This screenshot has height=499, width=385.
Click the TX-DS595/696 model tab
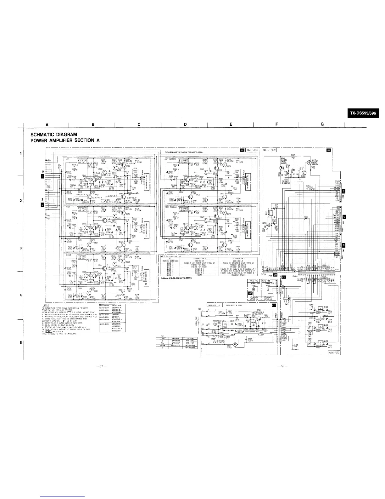(363, 113)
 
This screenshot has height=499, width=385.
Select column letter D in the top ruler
(185, 124)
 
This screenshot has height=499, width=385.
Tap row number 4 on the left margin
(20, 295)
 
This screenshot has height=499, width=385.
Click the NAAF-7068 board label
(252, 150)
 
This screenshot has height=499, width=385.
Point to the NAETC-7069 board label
(269, 150)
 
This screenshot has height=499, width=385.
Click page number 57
(100, 366)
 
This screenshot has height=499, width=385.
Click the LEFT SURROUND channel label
(172, 158)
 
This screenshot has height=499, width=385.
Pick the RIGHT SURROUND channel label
(172, 207)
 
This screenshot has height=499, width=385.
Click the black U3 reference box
(329, 150)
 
